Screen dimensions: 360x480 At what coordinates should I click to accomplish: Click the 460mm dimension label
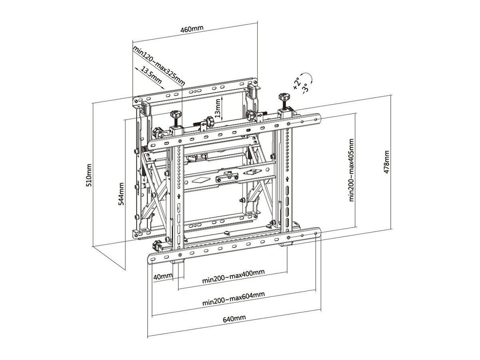coord(192,29)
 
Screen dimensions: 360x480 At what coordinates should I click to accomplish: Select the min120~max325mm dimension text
coord(159,66)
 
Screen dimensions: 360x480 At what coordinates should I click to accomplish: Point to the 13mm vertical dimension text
coord(218,108)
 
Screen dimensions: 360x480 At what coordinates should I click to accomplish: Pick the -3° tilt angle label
coord(306,88)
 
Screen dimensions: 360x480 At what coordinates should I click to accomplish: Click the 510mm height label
coord(90,175)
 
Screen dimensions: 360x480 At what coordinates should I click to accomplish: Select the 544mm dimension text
coord(121,194)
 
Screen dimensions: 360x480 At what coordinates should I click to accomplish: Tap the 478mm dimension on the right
coord(386,162)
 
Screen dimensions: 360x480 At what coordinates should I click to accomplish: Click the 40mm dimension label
coord(162,276)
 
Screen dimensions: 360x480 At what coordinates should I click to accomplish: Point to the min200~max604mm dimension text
coord(233,298)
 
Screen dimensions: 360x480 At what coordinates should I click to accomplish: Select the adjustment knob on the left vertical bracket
coord(175,115)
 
